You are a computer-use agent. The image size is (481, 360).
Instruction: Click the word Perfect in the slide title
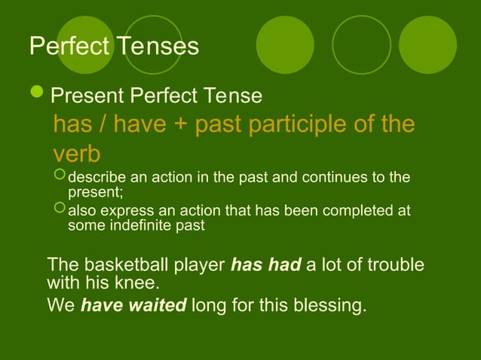tap(69, 47)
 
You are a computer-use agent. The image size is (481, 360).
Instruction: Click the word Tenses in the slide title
tap(157, 47)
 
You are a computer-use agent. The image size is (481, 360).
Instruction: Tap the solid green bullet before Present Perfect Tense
tap(37, 95)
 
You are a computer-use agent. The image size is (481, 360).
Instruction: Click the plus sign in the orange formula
tap(179, 124)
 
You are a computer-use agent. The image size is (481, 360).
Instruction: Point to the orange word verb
tap(76, 154)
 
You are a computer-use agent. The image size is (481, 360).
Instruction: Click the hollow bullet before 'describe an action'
tap(60, 177)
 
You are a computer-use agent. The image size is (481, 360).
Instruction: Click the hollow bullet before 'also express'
tap(60, 210)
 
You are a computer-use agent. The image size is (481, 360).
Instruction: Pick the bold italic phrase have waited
tap(133, 307)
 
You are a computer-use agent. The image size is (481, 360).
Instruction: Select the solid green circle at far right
tap(427, 44)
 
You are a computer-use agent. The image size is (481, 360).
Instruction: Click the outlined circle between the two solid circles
tap(361, 44)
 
